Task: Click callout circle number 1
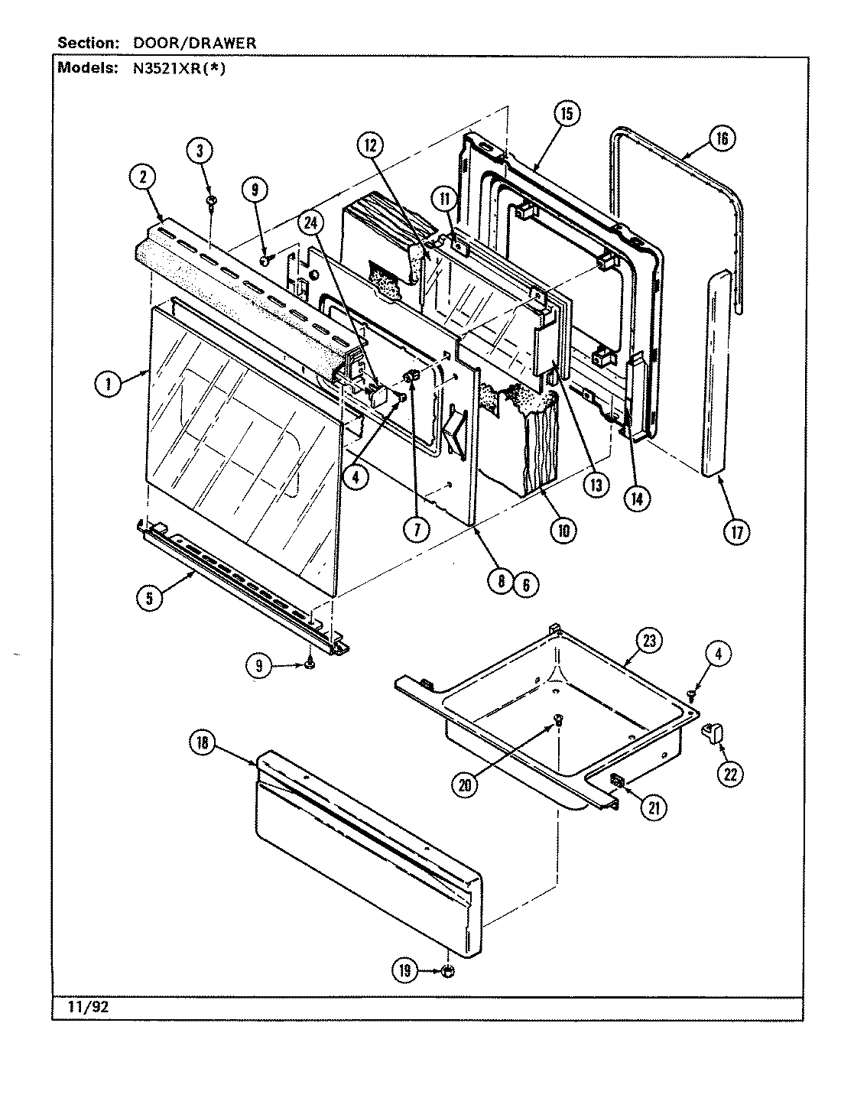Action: [109, 385]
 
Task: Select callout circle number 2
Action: [142, 177]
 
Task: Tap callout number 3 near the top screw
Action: [200, 151]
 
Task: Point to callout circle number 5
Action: [150, 598]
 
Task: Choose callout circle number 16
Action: [722, 138]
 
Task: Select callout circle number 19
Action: [404, 971]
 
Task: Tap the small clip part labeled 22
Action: [714, 733]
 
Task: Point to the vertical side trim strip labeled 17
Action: [717, 375]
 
